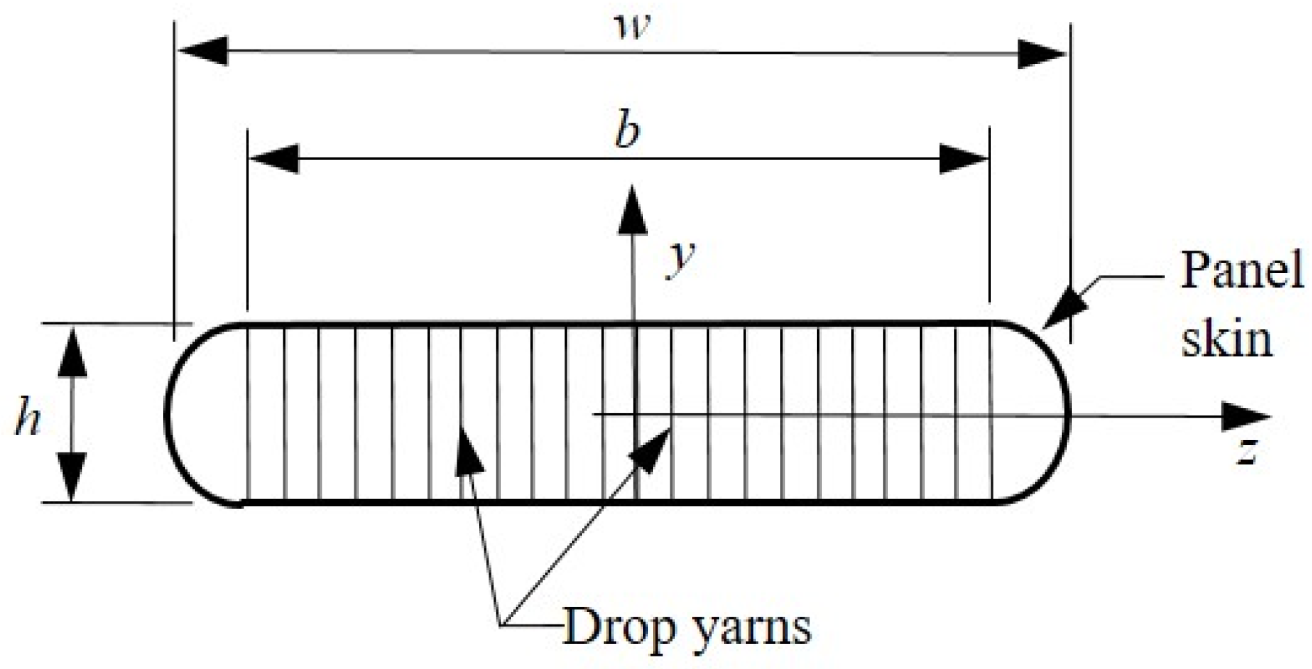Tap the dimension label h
28,420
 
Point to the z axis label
1247,451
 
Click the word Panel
1242,271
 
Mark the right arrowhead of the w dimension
1042,54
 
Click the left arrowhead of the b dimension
274,159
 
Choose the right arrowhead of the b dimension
964,159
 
